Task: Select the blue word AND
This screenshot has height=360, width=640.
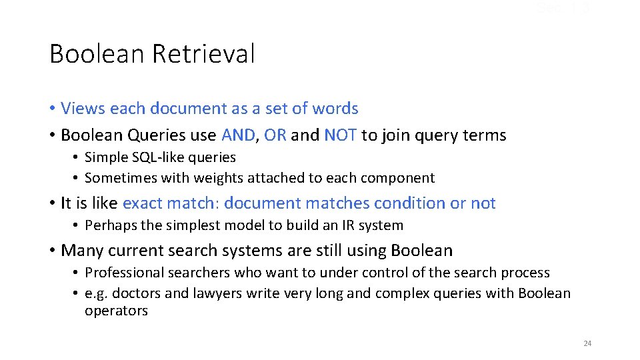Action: point(238,135)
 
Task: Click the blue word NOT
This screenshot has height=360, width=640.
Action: point(341,135)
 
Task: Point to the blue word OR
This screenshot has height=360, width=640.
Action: point(275,135)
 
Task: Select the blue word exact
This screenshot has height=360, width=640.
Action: point(144,203)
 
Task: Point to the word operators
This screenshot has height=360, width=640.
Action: point(116,311)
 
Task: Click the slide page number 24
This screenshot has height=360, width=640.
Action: point(587,343)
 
